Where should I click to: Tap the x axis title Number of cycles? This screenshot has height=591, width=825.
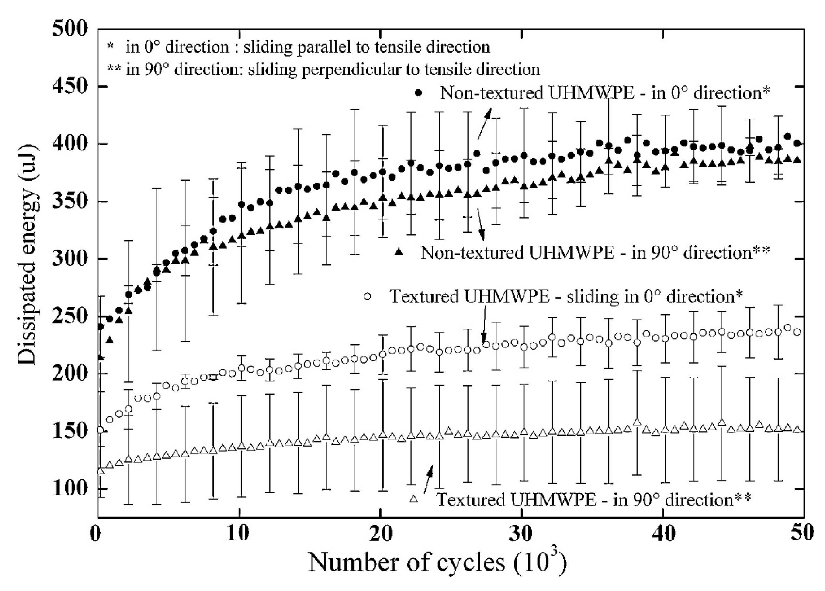[407, 562]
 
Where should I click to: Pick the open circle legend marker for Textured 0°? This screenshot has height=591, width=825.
[367, 296]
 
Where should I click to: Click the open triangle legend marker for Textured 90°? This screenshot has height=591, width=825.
[414, 499]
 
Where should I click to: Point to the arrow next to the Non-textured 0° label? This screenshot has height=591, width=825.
[484, 125]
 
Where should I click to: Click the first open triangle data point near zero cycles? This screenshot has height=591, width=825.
[101, 471]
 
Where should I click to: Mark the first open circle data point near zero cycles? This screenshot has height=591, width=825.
[100, 430]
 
